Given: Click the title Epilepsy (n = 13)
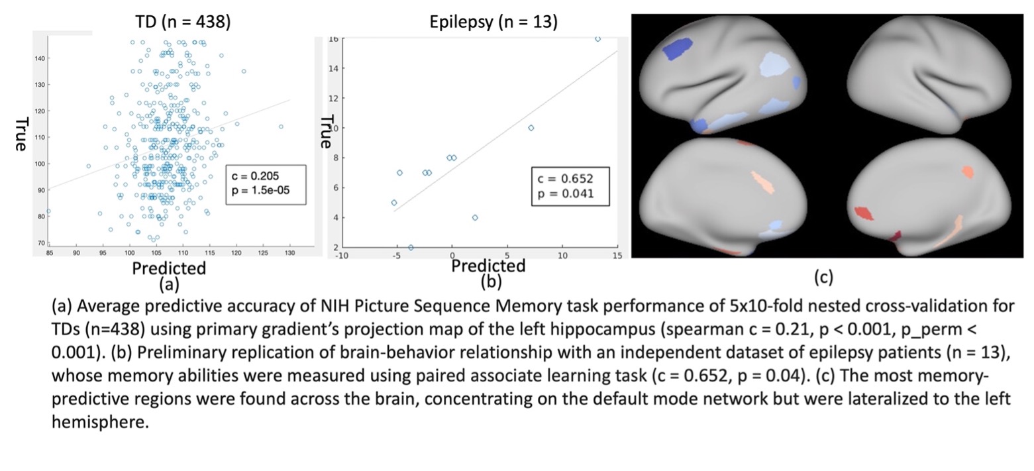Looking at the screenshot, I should tap(493, 22).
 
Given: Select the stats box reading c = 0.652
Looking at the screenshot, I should tap(570, 186).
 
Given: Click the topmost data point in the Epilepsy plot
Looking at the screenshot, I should tap(597, 39).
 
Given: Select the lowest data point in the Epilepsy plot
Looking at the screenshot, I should tap(411, 248).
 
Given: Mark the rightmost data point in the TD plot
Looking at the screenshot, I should tap(281, 127).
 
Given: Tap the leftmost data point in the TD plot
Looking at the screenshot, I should tap(48, 211).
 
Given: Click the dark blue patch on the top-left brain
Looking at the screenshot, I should tap(677, 50).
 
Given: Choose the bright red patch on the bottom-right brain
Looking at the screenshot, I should tap(864, 213).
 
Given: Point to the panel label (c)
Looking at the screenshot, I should tap(823, 276).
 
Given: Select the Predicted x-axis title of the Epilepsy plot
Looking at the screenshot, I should tap(488, 266).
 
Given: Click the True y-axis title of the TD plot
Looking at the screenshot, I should tap(21, 134).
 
